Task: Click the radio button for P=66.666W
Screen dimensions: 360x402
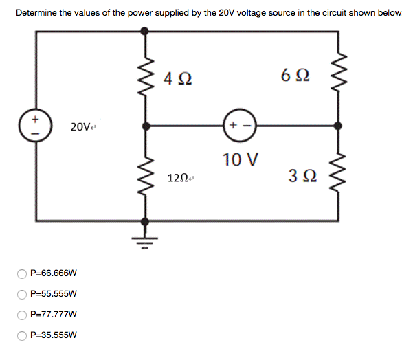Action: (x=22, y=273)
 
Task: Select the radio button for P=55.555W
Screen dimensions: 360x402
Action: (x=22, y=294)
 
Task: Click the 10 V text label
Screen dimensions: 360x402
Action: (x=241, y=160)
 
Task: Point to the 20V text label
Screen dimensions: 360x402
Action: (x=80, y=126)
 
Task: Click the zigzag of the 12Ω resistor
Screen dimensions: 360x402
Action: (x=144, y=176)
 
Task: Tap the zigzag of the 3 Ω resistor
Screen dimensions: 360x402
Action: (x=337, y=176)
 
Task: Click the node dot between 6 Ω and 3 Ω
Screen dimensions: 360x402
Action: (x=337, y=126)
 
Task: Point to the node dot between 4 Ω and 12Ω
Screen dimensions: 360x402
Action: (x=144, y=126)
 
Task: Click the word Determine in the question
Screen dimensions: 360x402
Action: (x=36, y=12)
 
